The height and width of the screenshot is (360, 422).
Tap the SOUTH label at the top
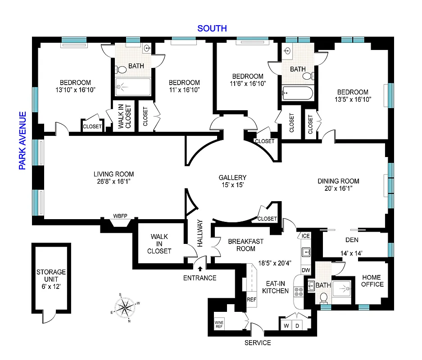[212, 29]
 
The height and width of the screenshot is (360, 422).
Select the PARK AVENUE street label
[23, 140]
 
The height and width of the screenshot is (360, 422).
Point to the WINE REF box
[219, 324]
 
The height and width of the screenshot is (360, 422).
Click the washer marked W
[286, 325]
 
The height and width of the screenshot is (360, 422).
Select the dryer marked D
[297, 325]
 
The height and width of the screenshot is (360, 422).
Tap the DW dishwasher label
[306, 270]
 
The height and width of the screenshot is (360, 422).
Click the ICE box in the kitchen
[306, 236]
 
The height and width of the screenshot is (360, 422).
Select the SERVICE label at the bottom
[258, 343]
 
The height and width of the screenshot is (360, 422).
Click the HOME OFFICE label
[372, 280]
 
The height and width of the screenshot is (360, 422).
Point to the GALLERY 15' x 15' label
[232, 181]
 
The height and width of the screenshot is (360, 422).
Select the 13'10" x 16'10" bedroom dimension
[76, 90]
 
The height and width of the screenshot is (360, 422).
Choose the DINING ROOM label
[339, 185]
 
